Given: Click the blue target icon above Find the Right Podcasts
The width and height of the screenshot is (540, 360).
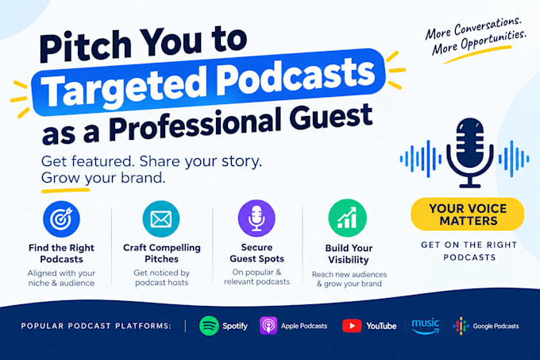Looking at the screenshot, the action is pyautogui.click(x=61, y=219).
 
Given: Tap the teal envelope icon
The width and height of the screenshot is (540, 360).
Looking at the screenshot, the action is pyautogui.click(x=161, y=219).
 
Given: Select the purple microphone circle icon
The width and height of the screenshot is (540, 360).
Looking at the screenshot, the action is pyautogui.click(x=256, y=219).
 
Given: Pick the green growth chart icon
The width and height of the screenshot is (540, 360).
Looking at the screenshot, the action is pyautogui.click(x=348, y=218).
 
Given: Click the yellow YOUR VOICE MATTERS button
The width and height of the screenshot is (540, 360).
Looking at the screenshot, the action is pyautogui.click(x=468, y=215).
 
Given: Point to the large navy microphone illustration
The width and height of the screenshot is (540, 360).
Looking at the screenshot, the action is pyautogui.click(x=470, y=153).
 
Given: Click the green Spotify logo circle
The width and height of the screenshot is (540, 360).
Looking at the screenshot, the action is pyautogui.click(x=209, y=326).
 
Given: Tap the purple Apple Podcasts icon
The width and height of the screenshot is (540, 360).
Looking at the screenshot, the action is pyautogui.click(x=268, y=326).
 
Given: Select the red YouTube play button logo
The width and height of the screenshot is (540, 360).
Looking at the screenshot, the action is pyautogui.click(x=352, y=326).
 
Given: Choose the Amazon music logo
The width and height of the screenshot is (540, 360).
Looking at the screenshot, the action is pyautogui.click(x=426, y=327).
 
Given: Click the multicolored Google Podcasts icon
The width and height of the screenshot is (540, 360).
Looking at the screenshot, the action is pyautogui.click(x=461, y=326).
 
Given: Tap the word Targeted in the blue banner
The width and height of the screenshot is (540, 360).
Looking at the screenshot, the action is pyautogui.click(x=123, y=89).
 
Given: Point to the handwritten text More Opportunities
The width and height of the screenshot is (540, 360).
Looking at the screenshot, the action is pyautogui.click(x=480, y=42).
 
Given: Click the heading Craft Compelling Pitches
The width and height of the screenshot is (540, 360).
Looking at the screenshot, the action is pyautogui.click(x=161, y=254).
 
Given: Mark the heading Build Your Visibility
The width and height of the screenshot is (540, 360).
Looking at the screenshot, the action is pyautogui.click(x=349, y=254).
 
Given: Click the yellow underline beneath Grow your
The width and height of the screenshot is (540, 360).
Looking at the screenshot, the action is pyautogui.click(x=65, y=190).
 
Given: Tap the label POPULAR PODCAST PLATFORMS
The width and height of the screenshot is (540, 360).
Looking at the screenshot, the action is pyautogui.click(x=96, y=326).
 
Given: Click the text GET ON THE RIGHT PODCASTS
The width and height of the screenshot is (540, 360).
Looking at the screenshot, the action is pyautogui.click(x=469, y=251).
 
